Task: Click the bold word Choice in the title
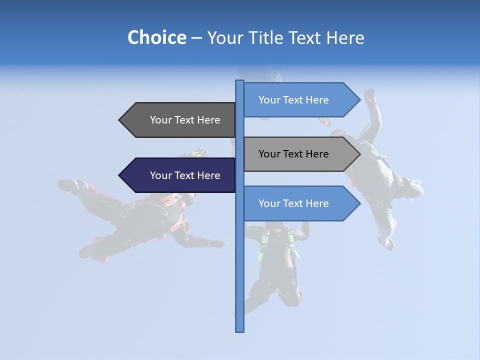pyautogui.click(x=156, y=37)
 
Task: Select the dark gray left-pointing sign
pyautogui.click(x=180, y=120)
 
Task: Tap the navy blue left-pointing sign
pyautogui.click(x=180, y=175)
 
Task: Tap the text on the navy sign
pyautogui.click(x=185, y=175)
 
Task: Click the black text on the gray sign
pyautogui.click(x=293, y=154)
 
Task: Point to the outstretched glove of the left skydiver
pyautogui.click(x=217, y=244)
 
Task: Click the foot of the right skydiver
pyautogui.click(x=387, y=243)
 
